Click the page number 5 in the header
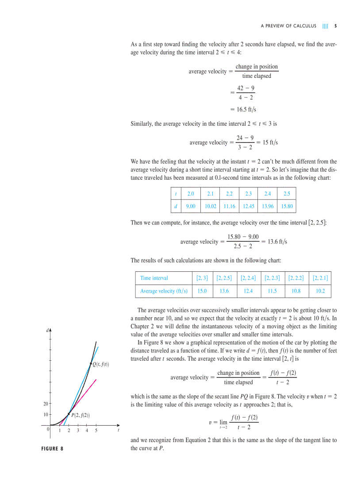[x=335, y=26]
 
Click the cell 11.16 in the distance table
[x=229, y=206]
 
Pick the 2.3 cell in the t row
[x=248, y=194]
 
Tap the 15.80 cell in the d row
[x=287, y=206]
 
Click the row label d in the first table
[x=176, y=206]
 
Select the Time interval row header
[x=154, y=278]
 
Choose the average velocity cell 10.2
[x=320, y=291]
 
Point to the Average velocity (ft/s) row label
[x=164, y=291]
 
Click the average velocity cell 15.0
[x=202, y=291]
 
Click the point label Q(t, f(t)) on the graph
[x=100, y=364]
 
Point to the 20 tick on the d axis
[x=46, y=404]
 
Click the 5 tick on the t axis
[x=96, y=430]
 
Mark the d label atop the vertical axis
[x=47, y=330]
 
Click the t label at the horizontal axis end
[x=118, y=430]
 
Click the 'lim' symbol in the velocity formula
[x=223, y=422]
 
